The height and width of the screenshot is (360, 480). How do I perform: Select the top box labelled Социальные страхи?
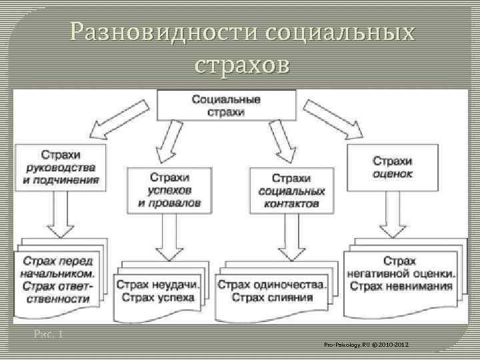point(226,106)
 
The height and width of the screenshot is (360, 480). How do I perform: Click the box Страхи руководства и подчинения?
point(61,167)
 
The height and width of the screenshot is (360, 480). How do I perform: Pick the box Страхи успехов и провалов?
point(169,189)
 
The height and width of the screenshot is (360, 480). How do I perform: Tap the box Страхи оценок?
point(392,167)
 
